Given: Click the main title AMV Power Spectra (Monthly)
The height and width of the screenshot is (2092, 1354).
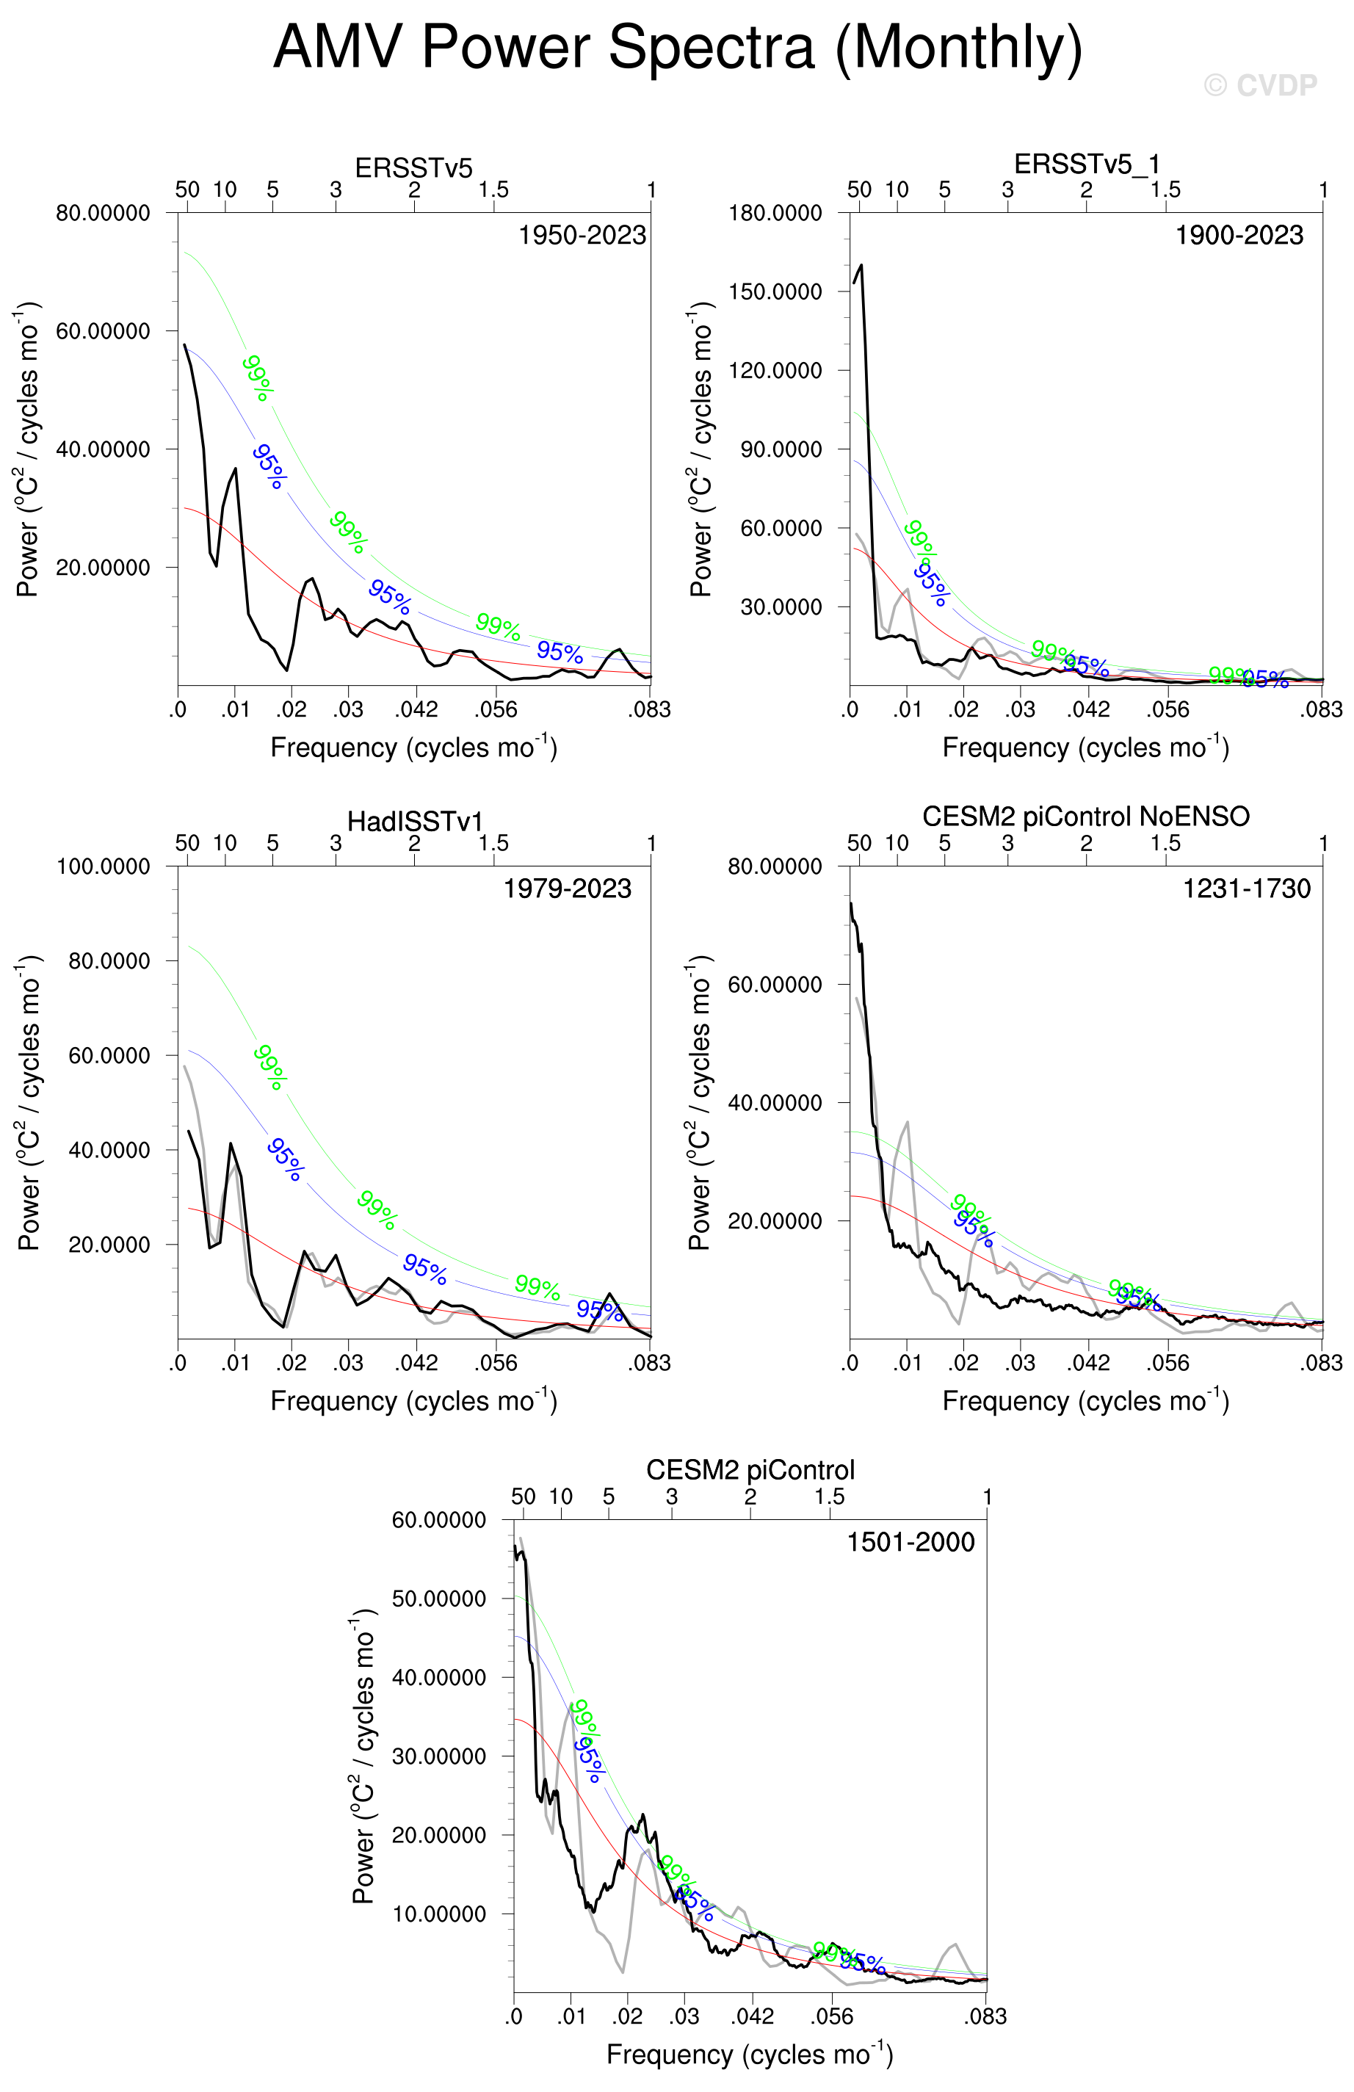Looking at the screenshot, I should pyautogui.click(x=677, y=48).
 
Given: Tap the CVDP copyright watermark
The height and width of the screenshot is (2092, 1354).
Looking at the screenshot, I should pyautogui.click(x=1260, y=85).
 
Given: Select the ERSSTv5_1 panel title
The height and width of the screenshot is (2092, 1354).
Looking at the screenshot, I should pyautogui.click(x=1086, y=164).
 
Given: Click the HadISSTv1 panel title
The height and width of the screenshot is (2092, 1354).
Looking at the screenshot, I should pyautogui.click(x=414, y=821).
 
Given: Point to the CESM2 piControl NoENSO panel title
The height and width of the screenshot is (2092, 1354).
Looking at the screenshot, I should pyautogui.click(x=1086, y=817).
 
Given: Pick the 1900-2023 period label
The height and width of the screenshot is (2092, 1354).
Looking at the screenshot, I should pyautogui.click(x=1239, y=236).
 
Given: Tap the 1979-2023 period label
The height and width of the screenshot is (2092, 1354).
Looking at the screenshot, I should pyautogui.click(x=566, y=888).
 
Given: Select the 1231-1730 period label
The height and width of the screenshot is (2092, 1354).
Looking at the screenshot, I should pyautogui.click(x=1246, y=888).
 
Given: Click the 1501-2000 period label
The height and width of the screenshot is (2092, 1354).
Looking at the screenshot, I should pyautogui.click(x=910, y=1542).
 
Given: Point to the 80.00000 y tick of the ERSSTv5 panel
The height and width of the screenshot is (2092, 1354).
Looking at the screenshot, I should pyautogui.click(x=103, y=213).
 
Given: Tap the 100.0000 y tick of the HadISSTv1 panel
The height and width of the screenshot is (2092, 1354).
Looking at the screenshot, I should pyautogui.click(x=103, y=866).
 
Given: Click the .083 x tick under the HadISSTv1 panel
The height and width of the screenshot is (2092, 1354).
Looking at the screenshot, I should pyautogui.click(x=649, y=1364).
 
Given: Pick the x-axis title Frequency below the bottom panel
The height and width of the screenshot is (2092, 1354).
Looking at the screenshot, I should pyautogui.click(x=749, y=2055).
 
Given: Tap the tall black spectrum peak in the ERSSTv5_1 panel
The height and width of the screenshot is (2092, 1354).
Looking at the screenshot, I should pyautogui.click(x=861, y=266).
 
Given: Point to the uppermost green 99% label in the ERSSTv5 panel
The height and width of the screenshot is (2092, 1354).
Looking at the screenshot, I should pyautogui.click(x=258, y=377).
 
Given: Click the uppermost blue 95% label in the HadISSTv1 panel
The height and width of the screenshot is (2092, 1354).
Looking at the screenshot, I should pyautogui.click(x=286, y=1159).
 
